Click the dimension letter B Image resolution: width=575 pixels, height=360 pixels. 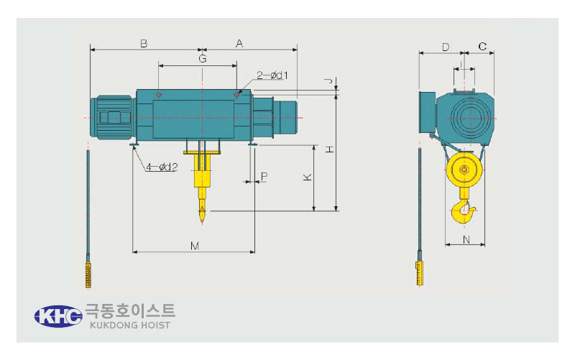144,44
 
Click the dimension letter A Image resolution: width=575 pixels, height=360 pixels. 239,44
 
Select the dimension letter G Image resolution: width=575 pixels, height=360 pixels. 203,59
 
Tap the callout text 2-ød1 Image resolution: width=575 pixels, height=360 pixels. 272,75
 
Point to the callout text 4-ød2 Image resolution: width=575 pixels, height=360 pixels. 162,167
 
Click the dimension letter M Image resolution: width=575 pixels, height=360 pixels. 195,246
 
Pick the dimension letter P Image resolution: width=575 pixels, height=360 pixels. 264,176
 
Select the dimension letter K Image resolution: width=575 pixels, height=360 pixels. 308,177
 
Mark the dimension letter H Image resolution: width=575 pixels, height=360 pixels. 330,149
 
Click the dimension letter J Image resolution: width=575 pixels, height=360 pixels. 330,80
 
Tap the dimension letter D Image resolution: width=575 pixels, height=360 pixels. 445,47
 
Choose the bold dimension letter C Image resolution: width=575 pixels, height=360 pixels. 482,47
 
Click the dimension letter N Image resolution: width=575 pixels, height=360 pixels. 466,240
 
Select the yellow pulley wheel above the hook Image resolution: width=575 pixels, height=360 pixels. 464,170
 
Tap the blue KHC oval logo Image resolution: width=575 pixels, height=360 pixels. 58,316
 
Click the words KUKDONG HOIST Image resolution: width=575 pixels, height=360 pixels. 130,326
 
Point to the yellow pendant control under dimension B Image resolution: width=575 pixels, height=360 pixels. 88,275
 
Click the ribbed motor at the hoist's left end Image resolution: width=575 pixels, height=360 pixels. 111,117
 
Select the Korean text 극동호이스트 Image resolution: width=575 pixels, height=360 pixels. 130,311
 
